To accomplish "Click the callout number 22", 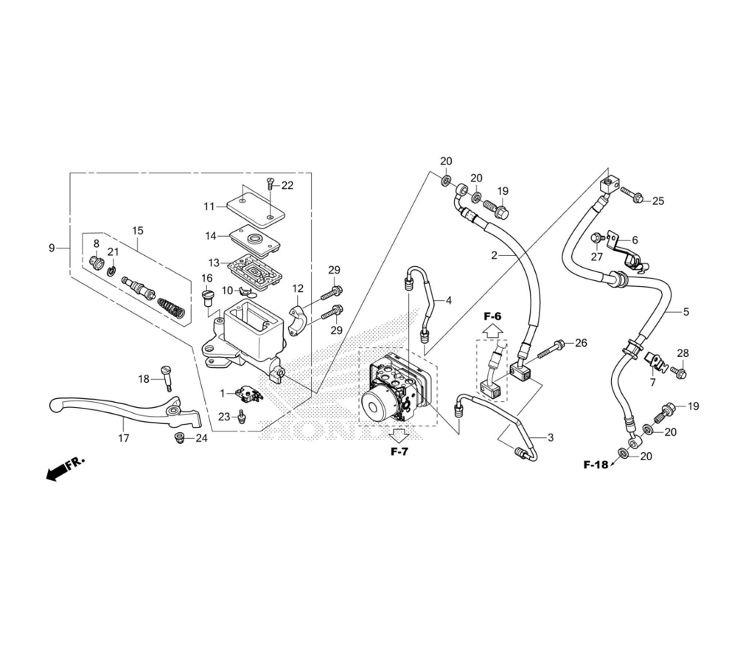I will click(x=287, y=186).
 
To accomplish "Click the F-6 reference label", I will click(x=492, y=316).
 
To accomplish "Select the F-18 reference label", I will click(x=595, y=465).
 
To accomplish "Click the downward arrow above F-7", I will click(x=399, y=434).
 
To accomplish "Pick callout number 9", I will click(x=52, y=248).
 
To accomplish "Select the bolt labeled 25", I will click(x=632, y=197).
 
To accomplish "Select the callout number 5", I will click(x=685, y=312).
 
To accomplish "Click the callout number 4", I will click(x=448, y=300).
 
